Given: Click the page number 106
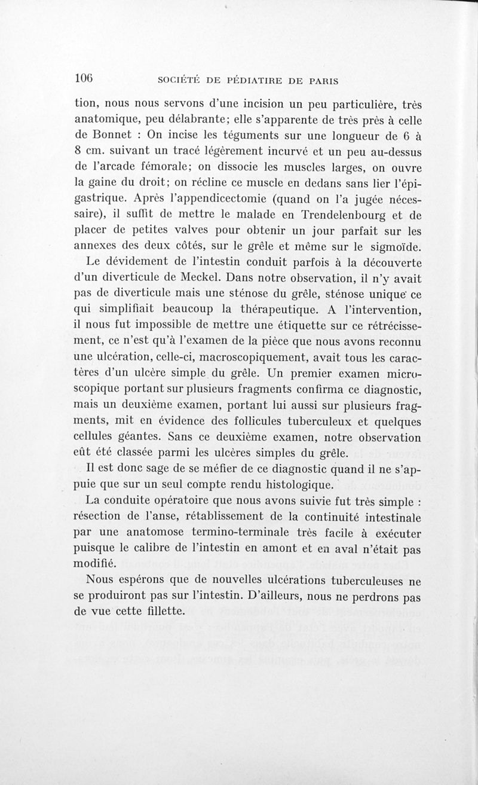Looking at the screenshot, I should tap(85, 78).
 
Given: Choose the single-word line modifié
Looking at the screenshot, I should tap(96, 563).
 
